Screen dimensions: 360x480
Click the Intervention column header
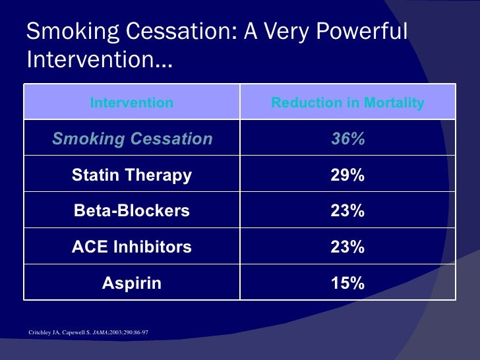tap(132, 103)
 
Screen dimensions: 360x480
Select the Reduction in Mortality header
tap(347, 103)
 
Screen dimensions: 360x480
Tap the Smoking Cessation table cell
tap(132, 139)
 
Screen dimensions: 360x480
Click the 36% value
tap(347, 139)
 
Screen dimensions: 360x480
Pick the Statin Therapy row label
tap(132, 175)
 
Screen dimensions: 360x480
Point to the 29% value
tap(347, 175)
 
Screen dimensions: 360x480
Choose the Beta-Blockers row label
tap(132, 211)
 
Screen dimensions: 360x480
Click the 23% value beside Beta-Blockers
tap(347, 211)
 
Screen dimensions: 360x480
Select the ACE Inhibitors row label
tap(132, 247)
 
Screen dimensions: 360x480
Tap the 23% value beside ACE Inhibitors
tap(347, 247)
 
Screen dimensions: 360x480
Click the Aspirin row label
tap(132, 284)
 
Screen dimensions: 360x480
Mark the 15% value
tap(347, 284)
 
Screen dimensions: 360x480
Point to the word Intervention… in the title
tap(100, 61)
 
